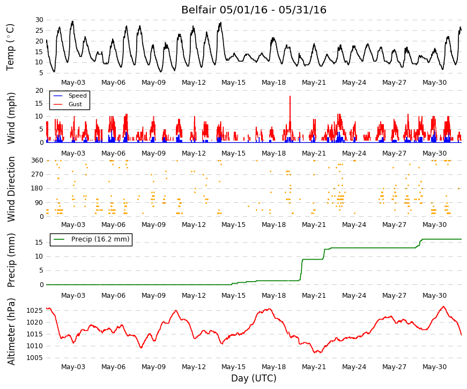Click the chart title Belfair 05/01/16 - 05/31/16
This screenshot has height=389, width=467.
[254, 10]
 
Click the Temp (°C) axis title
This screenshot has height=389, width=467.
[10, 47]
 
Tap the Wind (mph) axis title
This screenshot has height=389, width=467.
[11, 118]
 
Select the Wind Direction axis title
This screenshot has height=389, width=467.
[11, 189]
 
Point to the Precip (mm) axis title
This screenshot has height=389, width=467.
[11, 260]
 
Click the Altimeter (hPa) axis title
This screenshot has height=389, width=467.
[11, 331]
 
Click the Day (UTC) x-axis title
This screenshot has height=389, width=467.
[254, 378]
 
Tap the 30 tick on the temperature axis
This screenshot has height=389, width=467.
[39, 20]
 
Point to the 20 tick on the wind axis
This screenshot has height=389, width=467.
[39, 91]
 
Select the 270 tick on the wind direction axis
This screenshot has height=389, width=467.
[37, 174]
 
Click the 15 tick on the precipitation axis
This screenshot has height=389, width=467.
[39, 243]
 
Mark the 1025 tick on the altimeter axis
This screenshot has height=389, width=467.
[34, 311]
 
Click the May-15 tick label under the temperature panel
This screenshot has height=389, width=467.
[234, 83]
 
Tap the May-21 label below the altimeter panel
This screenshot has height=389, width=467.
[314, 367]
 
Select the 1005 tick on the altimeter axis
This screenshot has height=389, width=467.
[34, 358]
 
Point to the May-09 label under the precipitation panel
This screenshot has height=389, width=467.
[153, 296]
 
